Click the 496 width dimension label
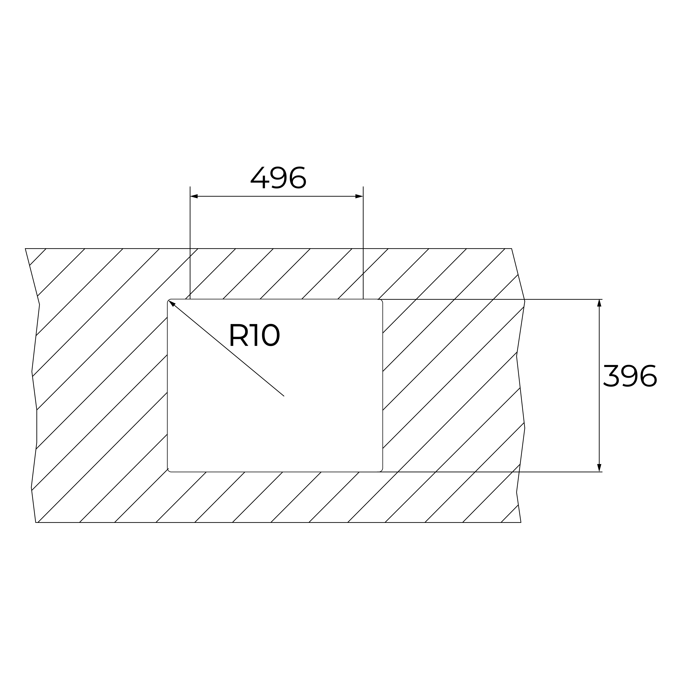click(x=278, y=177)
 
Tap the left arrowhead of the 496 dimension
click(x=194, y=196)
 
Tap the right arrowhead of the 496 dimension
click(x=359, y=196)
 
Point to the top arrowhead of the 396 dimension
click(x=599, y=303)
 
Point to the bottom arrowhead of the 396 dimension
click(x=599, y=468)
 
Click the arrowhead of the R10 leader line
click(x=172, y=303)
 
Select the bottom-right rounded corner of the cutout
click(x=381, y=470)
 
